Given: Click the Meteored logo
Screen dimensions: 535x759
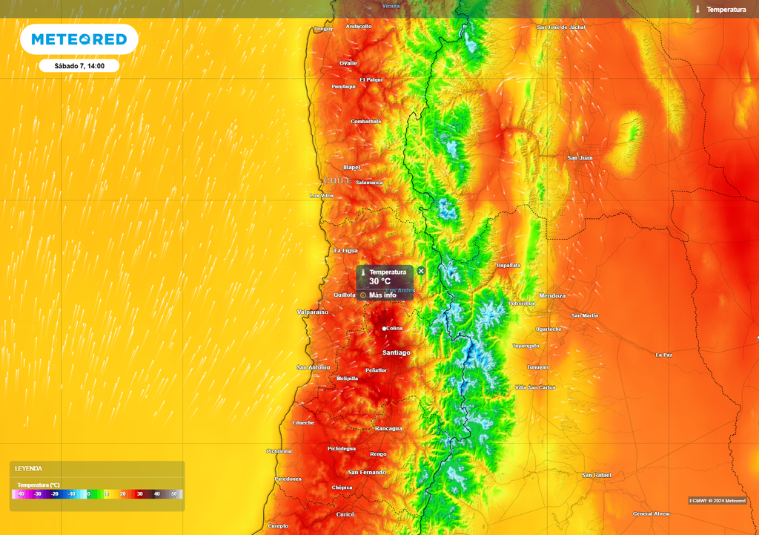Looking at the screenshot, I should click(x=79, y=39).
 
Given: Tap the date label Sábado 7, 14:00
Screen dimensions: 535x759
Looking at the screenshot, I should click(x=79, y=66).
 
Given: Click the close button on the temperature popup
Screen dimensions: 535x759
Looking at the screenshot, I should click(x=421, y=272).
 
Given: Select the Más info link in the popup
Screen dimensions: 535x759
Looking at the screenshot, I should click(x=382, y=295).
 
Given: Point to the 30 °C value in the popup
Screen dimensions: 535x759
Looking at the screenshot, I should click(x=380, y=282).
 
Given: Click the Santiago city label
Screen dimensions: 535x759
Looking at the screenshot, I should click(x=396, y=352).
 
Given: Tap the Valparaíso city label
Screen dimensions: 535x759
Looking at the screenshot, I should click(x=312, y=312).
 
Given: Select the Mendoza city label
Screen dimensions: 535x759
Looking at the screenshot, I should click(x=552, y=296).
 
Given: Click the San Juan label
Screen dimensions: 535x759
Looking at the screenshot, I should click(x=580, y=158).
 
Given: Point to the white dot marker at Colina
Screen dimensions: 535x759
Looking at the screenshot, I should click(x=384, y=328).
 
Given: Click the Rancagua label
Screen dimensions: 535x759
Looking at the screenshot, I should click(x=389, y=428).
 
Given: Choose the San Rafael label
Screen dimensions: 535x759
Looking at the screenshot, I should click(x=596, y=475).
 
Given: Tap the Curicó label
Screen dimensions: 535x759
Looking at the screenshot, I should click(x=345, y=514).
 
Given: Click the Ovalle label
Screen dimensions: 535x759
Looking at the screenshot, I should click(x=348, y=63).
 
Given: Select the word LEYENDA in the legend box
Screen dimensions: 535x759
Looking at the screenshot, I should click(x=29, y=469).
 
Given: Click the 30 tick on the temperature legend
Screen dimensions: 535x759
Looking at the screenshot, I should click(x=139, y=493).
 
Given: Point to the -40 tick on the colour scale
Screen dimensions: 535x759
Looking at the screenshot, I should click(x=21, y=493).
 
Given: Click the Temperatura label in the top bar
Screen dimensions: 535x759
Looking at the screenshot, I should click(x=726, y=10).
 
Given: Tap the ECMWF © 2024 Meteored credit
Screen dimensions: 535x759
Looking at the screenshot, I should click(x=717, y=501).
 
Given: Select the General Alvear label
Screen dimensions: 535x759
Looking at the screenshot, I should click(x=651, y=513).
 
